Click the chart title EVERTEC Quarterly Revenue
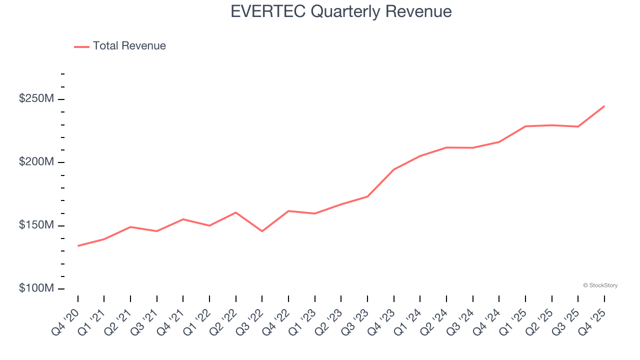tap(341, 11)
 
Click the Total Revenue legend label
tap(129, 46)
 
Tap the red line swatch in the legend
tap(81, 46)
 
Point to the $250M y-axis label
tap(36, 99)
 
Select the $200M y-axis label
tap(36, 162)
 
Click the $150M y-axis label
tap(36, 225)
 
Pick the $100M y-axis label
tap(36, 288)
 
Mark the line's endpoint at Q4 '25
tap(604, 106)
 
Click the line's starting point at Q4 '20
tap(78, 245)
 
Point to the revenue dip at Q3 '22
tap(262, 231)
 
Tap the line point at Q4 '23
tap(393, 169)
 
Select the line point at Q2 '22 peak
tap(235, 212)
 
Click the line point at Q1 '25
tap(525, 126)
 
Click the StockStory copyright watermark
tap(600, 285)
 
